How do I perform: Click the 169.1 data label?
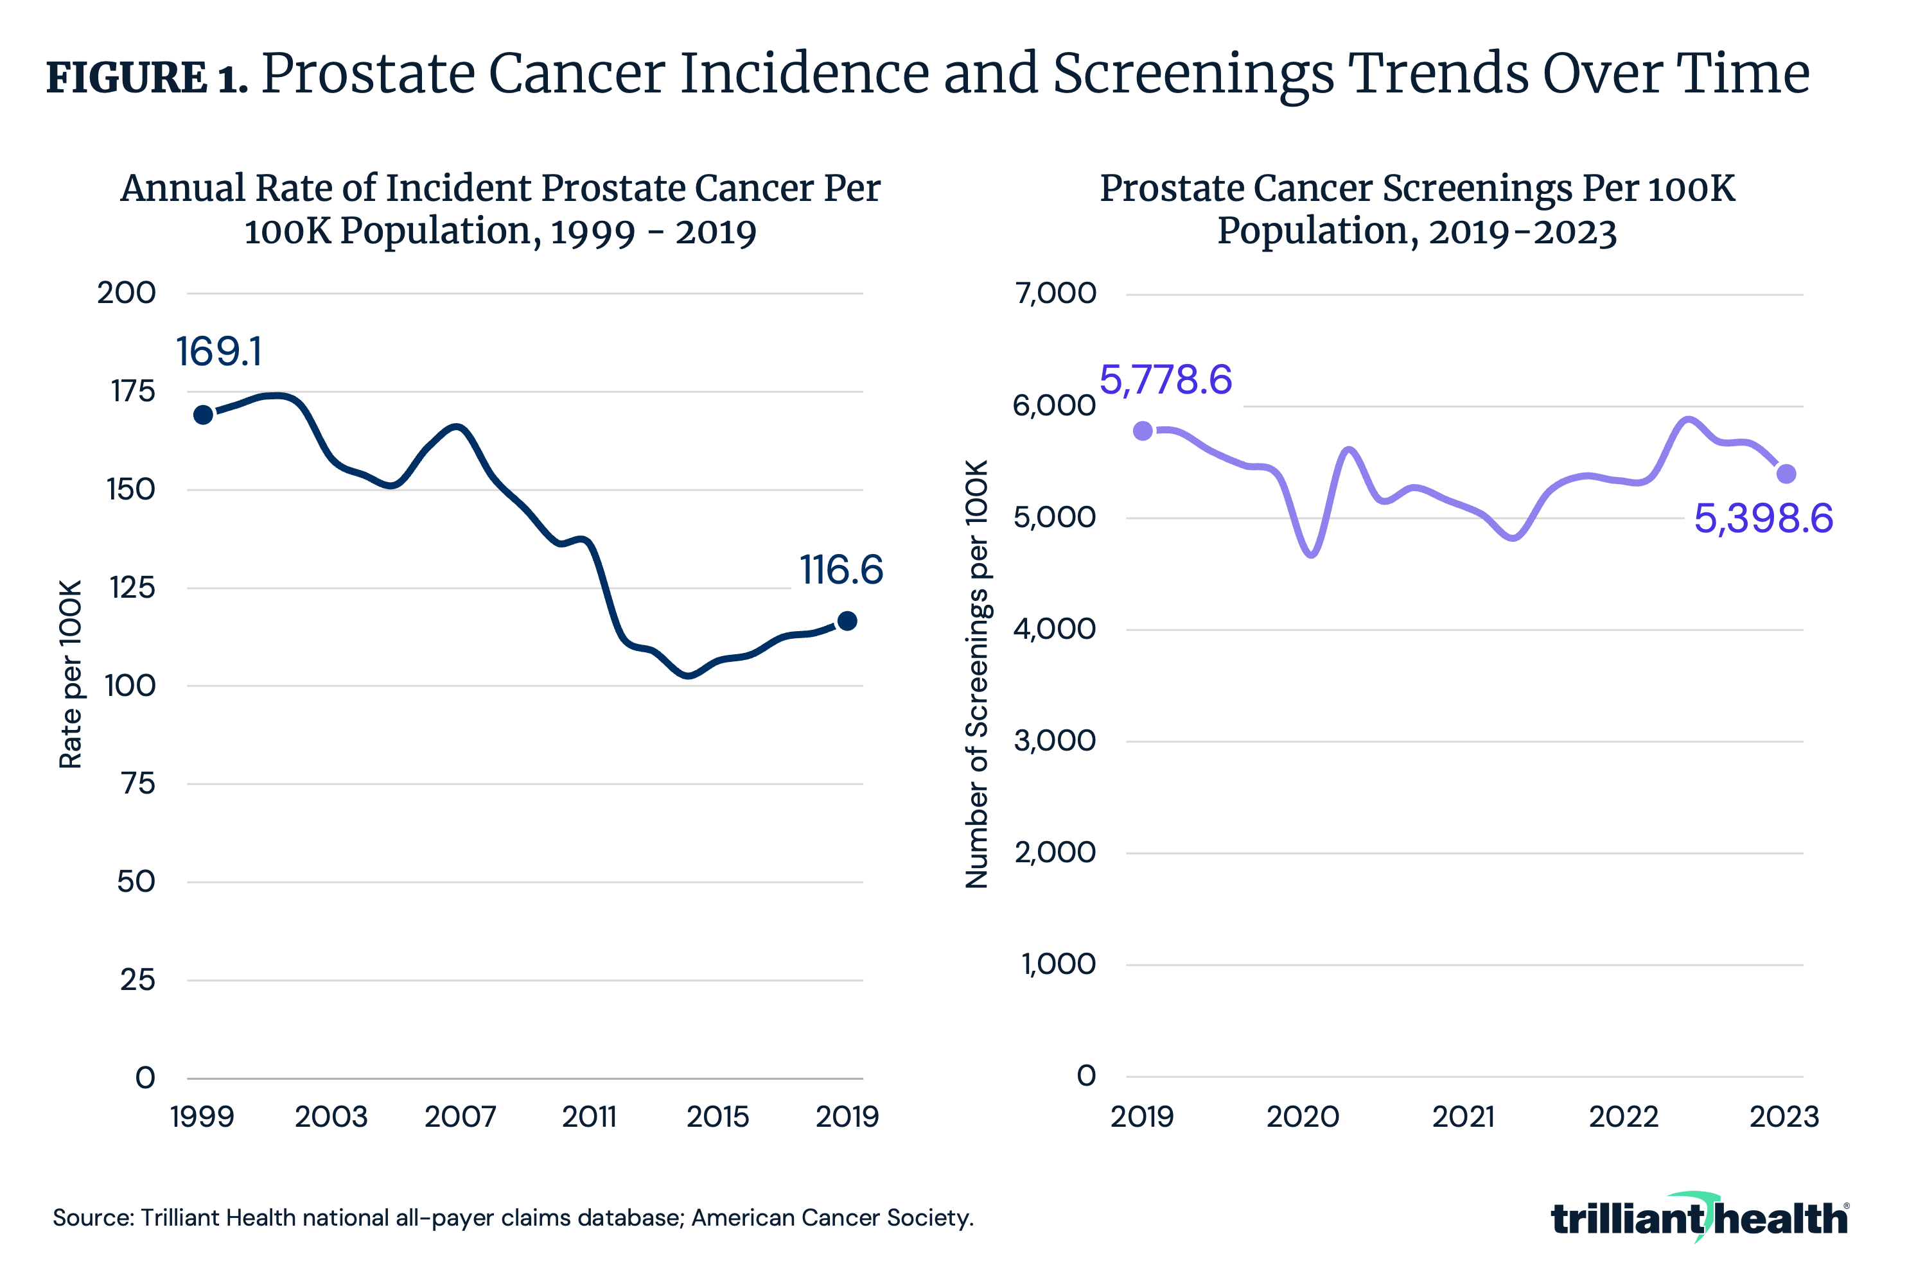(219, 352)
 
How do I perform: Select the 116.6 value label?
(841, 569)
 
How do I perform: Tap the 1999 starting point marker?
(203, 415)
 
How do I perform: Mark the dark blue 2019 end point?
(847, 621)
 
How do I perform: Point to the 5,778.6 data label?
(1165, 379)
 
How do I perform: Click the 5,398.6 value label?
(1763, 519)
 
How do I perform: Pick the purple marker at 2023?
(1786, 474)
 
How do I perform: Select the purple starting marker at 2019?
(1143, 431)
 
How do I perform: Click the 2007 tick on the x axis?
(461, 1116)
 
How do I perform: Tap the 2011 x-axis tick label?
(589, 1116)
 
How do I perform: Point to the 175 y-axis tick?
(133, 392)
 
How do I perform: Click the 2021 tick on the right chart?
(1463, 1116)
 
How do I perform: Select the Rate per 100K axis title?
(71, 674)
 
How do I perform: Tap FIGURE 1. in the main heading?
(146, 78)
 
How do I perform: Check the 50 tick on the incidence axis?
(136, 882)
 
